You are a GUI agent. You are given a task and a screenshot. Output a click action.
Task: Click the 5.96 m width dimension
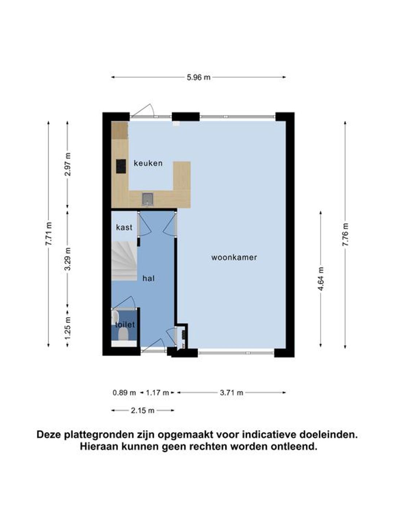click(198, 77)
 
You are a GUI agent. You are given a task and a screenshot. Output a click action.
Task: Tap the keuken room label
click(148, 163)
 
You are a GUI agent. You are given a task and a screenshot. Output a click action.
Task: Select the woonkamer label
click(234, 258)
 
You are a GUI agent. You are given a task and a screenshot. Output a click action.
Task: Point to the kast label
click(124, 227)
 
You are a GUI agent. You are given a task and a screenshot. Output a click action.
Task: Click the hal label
click(148, 278)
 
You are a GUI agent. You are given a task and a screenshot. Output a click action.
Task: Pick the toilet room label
click(125, 325)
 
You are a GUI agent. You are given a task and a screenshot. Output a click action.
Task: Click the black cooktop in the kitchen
click(121, 166)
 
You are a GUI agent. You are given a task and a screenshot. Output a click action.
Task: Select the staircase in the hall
click(124, 261)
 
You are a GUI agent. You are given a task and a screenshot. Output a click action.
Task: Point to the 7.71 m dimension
click(49, 234)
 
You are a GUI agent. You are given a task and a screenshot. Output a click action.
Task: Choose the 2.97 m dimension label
click(68, 164)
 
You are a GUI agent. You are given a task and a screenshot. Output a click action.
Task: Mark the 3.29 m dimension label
click(68, 259)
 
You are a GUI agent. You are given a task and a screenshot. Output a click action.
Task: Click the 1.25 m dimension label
click(68, 328)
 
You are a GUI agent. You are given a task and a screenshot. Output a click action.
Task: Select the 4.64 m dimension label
click(321, 279)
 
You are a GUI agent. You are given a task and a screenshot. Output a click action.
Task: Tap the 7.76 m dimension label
click(345, 235)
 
